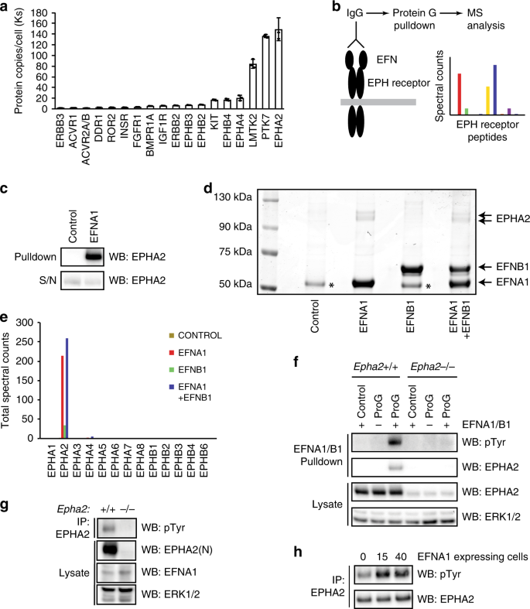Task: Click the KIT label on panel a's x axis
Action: click(x=214, y=121)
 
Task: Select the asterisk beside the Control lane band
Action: click(x=332, y=285)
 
